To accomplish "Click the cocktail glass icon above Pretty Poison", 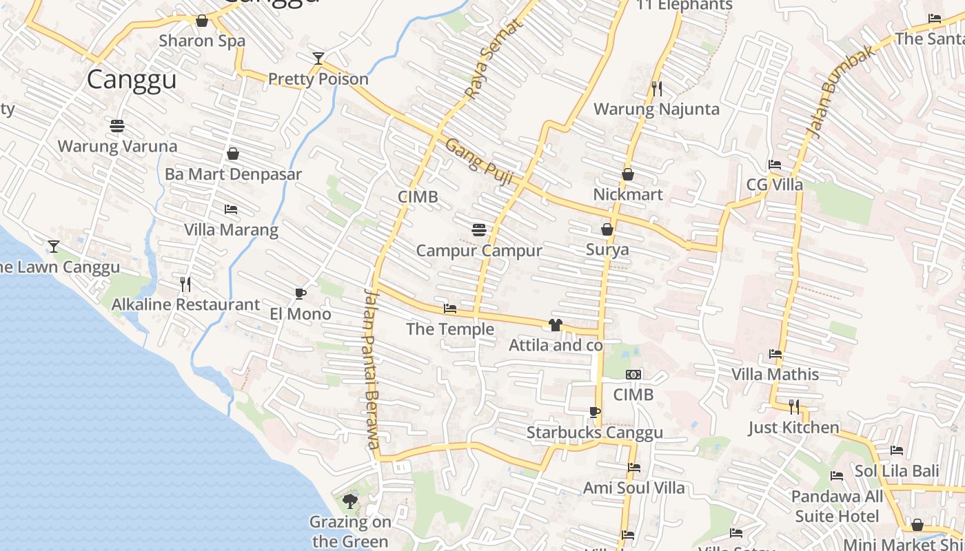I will [x=318, y=59].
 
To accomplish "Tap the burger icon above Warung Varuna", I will [x=117, y=126].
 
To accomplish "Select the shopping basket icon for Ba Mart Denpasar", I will [x=233, y=154].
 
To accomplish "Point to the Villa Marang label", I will [x=231, y=229].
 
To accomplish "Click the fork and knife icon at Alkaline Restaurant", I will [x=185, y=284].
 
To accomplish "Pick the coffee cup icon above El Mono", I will [x=300, y=294].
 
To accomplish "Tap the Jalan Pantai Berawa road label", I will [x=372, y=368].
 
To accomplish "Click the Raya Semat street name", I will [x=493, y=59].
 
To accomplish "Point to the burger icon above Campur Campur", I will [x=479, y=229].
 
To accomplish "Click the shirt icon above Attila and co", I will [x=556, y=324].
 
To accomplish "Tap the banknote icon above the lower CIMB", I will [x=633, y=375].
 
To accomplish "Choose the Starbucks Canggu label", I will [x=594, y=433].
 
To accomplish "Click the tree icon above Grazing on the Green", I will [x=349, y=501].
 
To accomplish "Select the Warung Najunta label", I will [x=656, y=109].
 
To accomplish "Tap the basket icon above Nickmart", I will [x=627, y=174].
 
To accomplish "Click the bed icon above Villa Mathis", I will [x=775, y=354].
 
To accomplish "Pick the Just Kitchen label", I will [x=794, y=428].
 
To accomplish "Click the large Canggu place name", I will [x=132, y=80].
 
